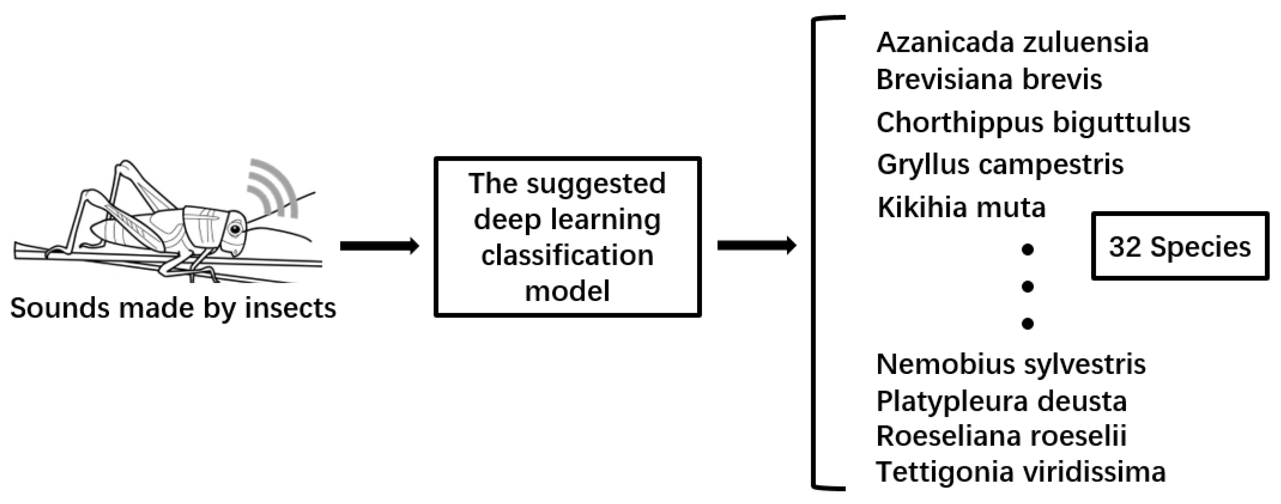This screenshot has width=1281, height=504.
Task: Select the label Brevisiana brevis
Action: (x=989, y=79)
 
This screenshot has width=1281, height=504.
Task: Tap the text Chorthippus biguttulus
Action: (x=1033, y=122)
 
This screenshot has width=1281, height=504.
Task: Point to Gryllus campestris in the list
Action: (x=1000, y=164)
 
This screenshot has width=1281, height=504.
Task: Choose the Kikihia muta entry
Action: (x=961, y=207)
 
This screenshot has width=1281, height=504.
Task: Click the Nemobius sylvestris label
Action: (x=1011, y=364)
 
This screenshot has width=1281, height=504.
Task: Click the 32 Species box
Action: (x=1180, y=247)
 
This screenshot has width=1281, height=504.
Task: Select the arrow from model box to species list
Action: (x=756, y=245)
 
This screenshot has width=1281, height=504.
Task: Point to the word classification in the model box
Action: (x=567, y=256)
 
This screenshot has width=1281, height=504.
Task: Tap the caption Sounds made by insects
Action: (x=173, y=308)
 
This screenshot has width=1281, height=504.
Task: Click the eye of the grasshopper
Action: (x=235, y=229)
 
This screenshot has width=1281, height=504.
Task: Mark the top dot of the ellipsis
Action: (x=1028, y=250)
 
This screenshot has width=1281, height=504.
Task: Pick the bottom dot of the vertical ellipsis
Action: (x=1028, y=324)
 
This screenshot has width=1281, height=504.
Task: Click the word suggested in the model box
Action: (x=596, y=184)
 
